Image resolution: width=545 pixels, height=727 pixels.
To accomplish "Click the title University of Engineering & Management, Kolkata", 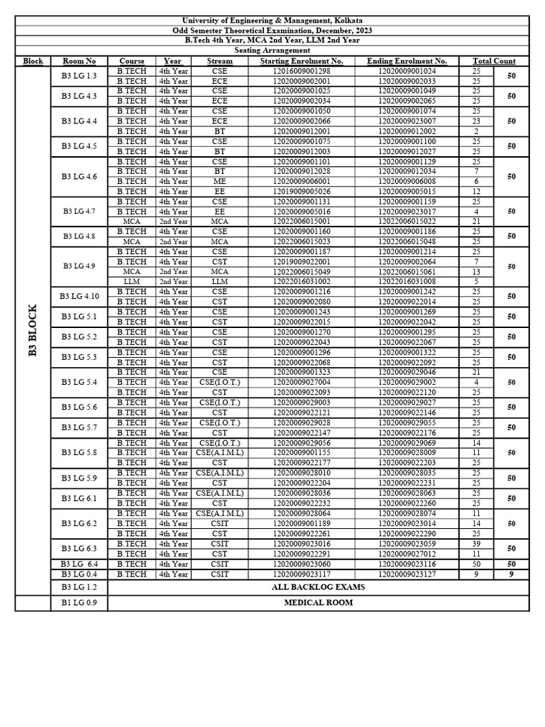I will (x=272, y=21).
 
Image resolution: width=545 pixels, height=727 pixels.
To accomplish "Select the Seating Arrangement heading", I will (x=272, y=50).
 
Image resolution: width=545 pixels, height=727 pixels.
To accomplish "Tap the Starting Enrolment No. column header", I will (x=302, y=61).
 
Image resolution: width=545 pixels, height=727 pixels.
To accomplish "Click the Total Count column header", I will (x=494, y=61).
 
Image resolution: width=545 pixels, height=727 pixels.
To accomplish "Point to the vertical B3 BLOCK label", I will (x=33, y=331).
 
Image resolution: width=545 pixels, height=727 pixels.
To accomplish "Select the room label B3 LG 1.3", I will (x=79, y=76).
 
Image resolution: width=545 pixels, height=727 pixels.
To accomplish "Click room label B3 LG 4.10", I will (x=79, y=297).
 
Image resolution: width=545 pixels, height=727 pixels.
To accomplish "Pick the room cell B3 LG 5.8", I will (x=79, y=452).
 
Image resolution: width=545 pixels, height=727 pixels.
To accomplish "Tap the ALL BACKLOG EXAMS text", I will (x=318, y=587).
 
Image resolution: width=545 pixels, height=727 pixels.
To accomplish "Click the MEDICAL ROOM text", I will (x=318, y=603).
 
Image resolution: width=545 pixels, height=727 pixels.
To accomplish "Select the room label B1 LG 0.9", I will (x=79, y=603).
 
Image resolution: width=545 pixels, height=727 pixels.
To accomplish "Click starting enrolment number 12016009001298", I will (x=302, y=71).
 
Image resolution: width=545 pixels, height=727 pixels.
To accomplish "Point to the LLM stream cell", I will (x=219, y=282).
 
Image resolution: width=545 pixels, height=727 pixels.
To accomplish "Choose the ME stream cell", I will (x=219, y=181).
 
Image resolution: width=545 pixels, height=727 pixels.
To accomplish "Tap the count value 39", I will (x=476, y=544).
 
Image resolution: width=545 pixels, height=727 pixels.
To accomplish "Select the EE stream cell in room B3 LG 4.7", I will (x=219, y=212).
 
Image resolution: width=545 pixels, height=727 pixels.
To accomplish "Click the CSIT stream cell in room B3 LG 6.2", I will (x=219, y=523).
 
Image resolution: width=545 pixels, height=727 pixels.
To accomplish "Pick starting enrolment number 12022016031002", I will (x=302, y=282).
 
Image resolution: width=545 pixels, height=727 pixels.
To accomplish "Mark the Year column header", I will (x=172, y=61).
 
